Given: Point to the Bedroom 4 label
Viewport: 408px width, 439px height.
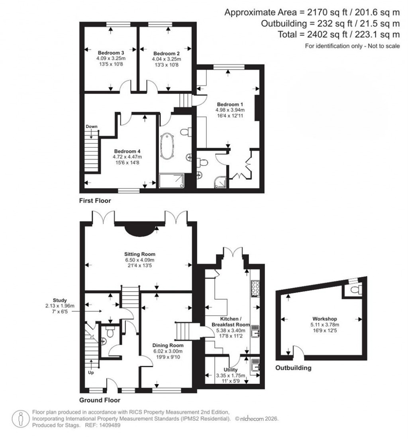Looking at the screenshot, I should point(127,151).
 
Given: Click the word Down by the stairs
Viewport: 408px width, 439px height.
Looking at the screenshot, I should point(92,126).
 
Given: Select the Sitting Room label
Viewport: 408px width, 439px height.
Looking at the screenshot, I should point(139,254).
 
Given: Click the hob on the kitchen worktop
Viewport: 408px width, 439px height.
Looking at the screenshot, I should point(255,289).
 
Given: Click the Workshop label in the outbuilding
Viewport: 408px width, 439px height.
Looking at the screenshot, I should point(325,319).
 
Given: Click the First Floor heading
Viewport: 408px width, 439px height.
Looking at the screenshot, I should point(95,201).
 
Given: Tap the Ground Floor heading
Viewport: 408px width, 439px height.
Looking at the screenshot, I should point(100,400).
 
